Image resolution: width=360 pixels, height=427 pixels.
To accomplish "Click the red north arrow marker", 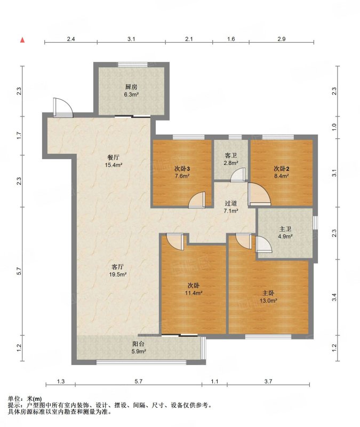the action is [22, 40].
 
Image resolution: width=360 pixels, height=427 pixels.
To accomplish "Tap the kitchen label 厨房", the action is [131, 87].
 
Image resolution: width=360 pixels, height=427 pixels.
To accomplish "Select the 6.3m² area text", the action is [131, 95].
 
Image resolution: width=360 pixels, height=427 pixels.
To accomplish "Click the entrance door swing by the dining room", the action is [63, 107].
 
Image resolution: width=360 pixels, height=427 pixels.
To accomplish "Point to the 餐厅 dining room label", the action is [113, 157].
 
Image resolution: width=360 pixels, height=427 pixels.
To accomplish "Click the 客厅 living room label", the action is [117, 267].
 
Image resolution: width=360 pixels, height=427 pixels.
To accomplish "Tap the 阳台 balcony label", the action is [139, 344].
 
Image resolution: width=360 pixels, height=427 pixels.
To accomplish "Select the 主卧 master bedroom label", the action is [268, 293].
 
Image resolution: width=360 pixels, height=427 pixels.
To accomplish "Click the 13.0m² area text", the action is [268, 301].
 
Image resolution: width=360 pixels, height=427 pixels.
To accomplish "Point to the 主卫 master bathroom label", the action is [285, 229].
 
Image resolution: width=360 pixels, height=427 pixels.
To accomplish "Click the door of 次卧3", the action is [197, 200].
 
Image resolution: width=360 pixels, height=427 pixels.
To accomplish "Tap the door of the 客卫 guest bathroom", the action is [238, 175].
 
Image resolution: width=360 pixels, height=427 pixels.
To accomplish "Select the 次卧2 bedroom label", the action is [282, 169].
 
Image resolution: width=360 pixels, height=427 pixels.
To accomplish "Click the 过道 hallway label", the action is [231, 203].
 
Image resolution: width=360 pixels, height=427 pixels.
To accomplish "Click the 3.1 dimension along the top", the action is [131, 39].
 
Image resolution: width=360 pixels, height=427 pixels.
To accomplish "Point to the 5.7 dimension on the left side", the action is [19, 271].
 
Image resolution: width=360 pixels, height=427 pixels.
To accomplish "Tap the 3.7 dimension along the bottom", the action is [268, 382].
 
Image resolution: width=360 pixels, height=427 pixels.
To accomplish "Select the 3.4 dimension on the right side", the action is [334, 297].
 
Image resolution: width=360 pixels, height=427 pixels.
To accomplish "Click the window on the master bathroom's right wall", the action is [315, 223].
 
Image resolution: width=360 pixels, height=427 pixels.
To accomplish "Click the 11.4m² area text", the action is [194, 293].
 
